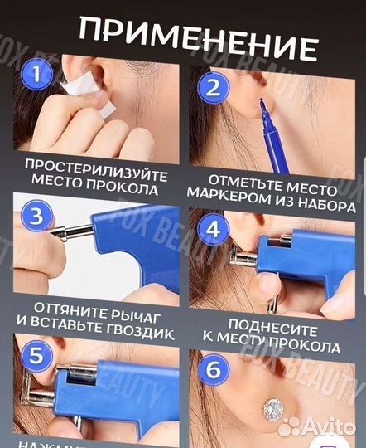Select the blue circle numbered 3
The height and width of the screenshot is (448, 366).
click(x=35, y=218)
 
